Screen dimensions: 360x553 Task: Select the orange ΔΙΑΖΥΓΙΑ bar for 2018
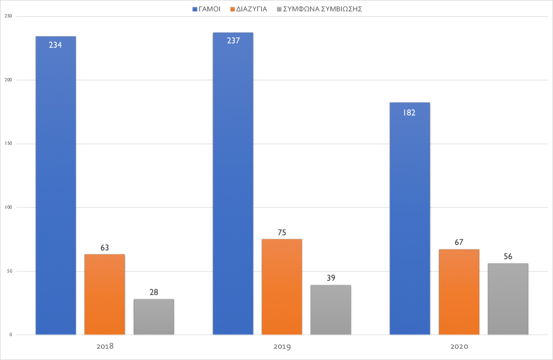(x=105, y=295)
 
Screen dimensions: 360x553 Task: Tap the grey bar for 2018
(x=153, y=317)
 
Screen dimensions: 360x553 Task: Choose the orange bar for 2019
(x=282, y=287)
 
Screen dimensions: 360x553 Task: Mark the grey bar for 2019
(x=330, y=310)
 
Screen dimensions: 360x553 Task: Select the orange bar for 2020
(x=459, y=292)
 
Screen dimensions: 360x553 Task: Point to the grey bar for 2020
(x=507, y=299)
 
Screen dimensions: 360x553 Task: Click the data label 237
(x=233, y=40)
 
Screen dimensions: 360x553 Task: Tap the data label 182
(x=409, y=112)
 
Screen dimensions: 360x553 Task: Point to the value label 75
(x=282, y=233)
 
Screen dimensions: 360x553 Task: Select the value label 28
(x=153, y=293)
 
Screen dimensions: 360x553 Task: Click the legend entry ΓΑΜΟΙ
(x=206, y=8)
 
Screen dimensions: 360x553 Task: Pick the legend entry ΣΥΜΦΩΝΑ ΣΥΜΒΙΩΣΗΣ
(x=323, y=8)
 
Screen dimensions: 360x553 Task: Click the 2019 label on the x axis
(x=282, y=347)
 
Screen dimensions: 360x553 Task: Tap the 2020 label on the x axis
(x=459, y=347)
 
